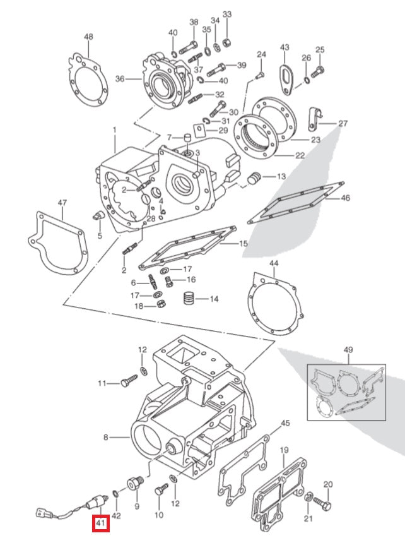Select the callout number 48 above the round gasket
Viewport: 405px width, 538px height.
point(88,37)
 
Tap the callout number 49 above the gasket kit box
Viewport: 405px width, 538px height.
point(349,350)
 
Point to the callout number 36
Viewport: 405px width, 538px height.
point(120,79)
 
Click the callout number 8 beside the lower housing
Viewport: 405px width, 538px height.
point(107,436)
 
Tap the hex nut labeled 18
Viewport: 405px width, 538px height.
point(161,306)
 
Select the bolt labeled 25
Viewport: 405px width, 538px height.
point(319,69)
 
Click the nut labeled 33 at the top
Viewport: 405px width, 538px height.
point(227,43)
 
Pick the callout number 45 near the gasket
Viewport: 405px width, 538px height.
point(285,423)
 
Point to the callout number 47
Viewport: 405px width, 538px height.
point(62,203)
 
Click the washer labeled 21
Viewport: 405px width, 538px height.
point(307,503)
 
